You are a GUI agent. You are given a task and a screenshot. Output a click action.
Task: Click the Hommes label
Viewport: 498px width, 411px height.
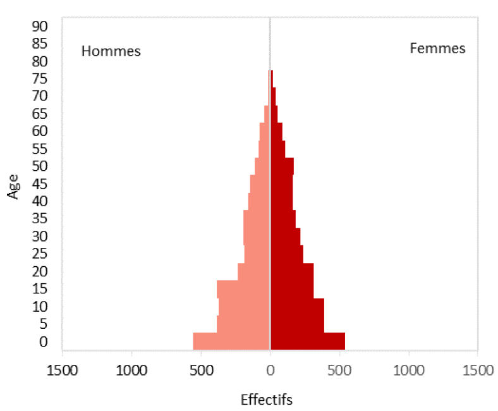[x=111, y=51]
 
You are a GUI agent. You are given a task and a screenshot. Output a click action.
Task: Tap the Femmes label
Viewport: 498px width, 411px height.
[x=437, y=49]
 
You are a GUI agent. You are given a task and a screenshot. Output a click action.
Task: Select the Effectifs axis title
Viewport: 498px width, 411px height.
[x=267, y=400]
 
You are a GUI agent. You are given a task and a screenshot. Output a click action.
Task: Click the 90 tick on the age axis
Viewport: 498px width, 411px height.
[x=40, y=27]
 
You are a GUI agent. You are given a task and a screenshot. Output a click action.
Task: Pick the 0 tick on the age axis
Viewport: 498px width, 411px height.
[x=44, y=342]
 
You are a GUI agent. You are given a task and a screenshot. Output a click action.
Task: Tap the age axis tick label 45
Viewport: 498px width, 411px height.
[x=40, y=184]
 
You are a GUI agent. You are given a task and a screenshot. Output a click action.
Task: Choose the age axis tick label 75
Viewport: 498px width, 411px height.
[x=40, y=79]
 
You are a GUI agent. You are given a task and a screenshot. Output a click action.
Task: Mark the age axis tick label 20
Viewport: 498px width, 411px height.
[x=40, y=272]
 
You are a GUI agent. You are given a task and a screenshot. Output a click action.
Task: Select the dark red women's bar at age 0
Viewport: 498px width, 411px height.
[x=308, y=341]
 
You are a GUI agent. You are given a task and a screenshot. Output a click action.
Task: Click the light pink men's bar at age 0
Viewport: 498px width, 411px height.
[x=231, y=341]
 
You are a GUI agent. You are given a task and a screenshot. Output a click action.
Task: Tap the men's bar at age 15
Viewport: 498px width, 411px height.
[x=243, y=289]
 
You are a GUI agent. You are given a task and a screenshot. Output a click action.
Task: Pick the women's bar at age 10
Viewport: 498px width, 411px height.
[x=297, y=307]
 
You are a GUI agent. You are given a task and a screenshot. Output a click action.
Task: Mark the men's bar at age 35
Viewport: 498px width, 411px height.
[x=257, y=219]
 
